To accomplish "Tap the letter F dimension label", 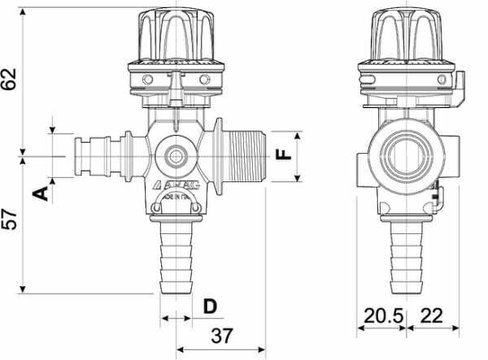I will [x=282, y=154].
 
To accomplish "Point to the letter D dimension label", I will [x=209, y=307].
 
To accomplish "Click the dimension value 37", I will [x=221, y=337].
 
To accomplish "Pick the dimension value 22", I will [x=432, y=316].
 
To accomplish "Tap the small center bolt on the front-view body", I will [x=175, y=155].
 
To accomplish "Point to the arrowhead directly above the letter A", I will [x=54, y=176].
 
